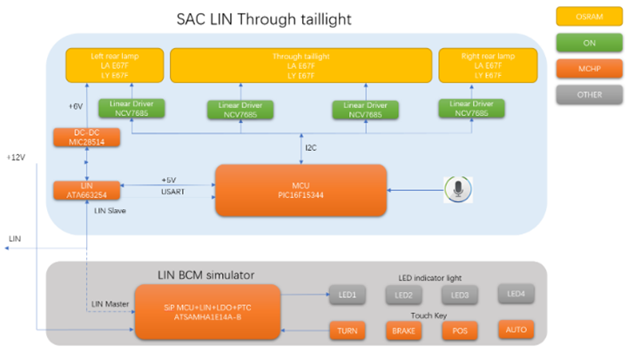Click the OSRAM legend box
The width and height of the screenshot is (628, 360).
pyautogui.click(x=588, y=15)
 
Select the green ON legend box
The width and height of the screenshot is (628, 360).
pyautogui.click(x=588, y=41)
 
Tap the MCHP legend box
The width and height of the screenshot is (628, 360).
pyautogui.click(x=588, y=67)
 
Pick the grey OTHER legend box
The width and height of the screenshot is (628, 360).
pyautogui.click(x=588, y=93)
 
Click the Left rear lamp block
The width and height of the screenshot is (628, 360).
pyautogui.click(x=113, y=65)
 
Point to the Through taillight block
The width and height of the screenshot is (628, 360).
pyautogui.click(x=300, y=65)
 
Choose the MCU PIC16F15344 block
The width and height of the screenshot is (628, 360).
pyautogui.click(x=300, y=189)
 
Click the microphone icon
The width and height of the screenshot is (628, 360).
pyautogui.click(x=458, y=189)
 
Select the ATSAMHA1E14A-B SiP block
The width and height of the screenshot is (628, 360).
pyautogui.click(x=207, y=310)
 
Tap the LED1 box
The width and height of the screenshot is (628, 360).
pyautogui.click(x=348, y=295)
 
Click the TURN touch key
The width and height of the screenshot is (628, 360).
pyautogui.click(x=348, y=331)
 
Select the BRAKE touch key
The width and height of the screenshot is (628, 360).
pyautogui.click(x=402, y=331)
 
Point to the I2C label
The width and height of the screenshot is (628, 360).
pyautogui.click(x=311, y=147)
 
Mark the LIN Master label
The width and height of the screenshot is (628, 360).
pyautogui.click(x=111, y=303)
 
